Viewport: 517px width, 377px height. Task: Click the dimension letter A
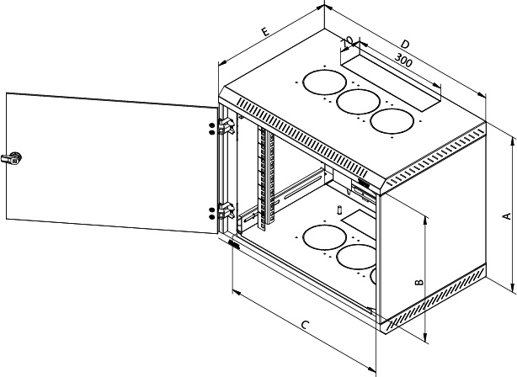point(506,215)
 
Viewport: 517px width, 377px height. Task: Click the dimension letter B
point(418,283)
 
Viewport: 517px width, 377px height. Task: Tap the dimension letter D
point(405,42)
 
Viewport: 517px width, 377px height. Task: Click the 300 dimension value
point(403,61)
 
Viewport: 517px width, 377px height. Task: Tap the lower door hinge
point(225,211)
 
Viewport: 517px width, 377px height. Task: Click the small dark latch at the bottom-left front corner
point(232,245)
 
